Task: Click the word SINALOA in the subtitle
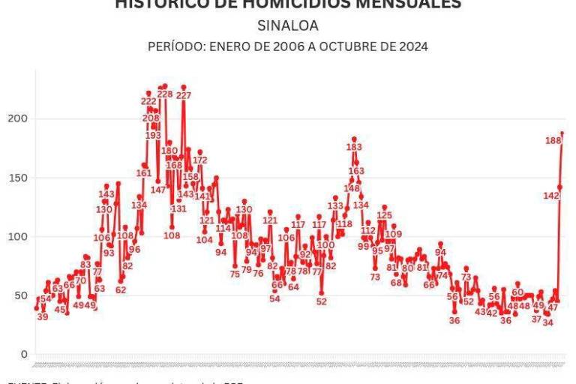[x=287, y=25]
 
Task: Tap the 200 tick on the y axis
[x=17, y=119]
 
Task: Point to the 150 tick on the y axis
[x=17, y=178]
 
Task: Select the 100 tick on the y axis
[x=17, y=237]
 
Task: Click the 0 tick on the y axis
[x=24, y=355]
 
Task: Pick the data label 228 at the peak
[x=165, y=94]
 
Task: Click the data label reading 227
[x=184, y=96]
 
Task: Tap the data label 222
[x=148, y=101]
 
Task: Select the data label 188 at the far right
[x=553, y=140]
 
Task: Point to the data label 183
[x=354, y=148]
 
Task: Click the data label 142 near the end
[x=551, y=195]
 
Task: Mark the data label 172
[x=200, y=160]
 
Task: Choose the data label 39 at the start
[x=43, y=316]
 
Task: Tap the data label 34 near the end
[x=548, y=322]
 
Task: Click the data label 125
[x=385, y=215]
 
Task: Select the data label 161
[x=144, y=173]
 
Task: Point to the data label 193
[x=153, y=136]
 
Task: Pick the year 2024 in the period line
[x=413, y=46]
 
